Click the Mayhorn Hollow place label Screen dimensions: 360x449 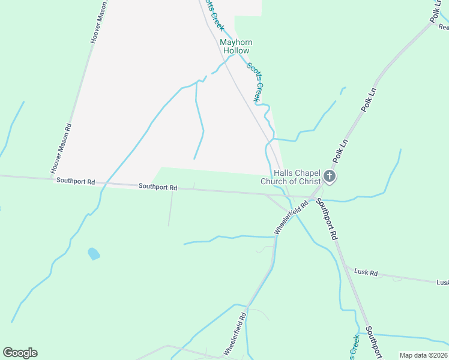point(236,46)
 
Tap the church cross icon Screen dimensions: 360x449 point(329,176)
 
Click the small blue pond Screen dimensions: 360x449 point(94,254)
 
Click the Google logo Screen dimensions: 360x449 point(20,353)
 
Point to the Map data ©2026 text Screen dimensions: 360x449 point(423,355)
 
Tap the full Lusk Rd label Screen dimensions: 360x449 point(366,273)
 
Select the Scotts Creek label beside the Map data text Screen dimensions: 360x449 point(354,347)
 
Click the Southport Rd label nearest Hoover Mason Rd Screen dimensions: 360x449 point(76,181)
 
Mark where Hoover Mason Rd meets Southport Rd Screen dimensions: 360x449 point(51,178)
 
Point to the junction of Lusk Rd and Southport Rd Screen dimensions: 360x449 point(345,266)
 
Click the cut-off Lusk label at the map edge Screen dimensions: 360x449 point(442,283)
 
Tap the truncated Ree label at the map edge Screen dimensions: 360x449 point(443,27)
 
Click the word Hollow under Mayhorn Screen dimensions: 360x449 point(236,51)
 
